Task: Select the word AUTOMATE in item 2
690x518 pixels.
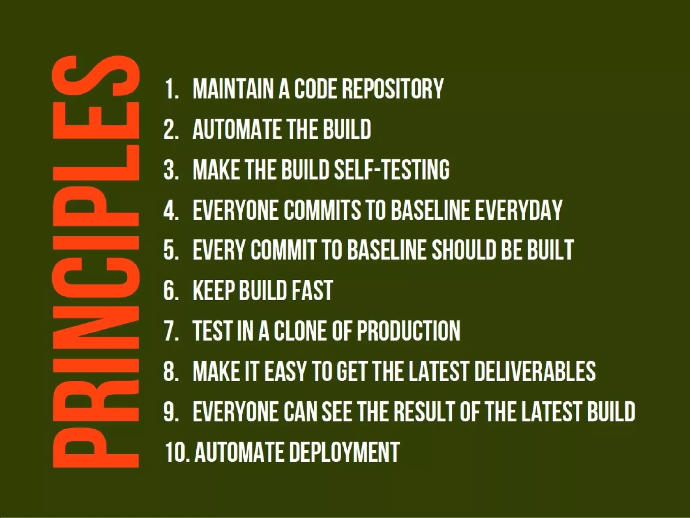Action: [235, 129]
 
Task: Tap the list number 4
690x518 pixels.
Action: [171, 210]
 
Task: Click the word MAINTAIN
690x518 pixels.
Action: [233, 89]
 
